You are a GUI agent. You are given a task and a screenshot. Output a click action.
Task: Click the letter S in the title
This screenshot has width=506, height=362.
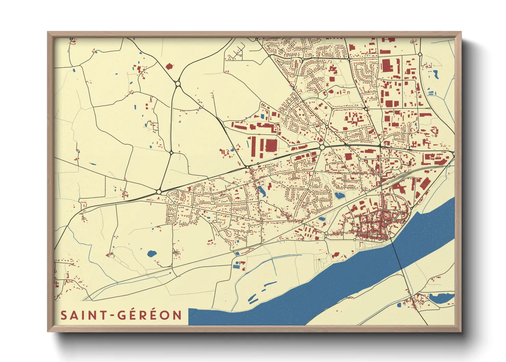coord(63,315)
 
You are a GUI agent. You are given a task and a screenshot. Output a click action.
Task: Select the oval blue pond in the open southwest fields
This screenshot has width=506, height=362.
coord(151,254)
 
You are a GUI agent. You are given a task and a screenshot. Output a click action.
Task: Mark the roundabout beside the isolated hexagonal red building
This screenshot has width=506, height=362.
coord(177,83)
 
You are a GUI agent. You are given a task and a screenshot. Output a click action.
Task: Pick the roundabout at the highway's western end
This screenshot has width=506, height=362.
coord(159,192)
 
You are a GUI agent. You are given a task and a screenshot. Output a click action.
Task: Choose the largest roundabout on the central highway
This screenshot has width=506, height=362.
coord(322,147)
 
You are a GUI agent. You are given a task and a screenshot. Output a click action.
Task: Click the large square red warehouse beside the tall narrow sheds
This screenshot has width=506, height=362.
coord(271,145)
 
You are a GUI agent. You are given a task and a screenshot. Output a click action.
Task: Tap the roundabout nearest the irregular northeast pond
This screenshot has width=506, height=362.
coord(420,54)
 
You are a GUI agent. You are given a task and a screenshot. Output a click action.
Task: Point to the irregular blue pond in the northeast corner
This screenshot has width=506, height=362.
coord(436,74)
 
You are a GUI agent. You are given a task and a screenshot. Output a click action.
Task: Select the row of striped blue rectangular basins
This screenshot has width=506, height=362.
coord(236,267)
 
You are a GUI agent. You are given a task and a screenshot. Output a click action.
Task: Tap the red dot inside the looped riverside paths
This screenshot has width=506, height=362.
coord(319,260)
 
